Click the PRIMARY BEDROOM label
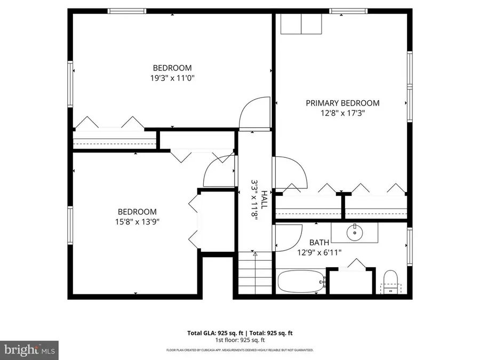coord(342,103)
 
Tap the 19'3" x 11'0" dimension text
coord(172,78)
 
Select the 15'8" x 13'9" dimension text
coord(137,221)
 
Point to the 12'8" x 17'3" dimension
coord(342,113)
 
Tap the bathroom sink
coord(355,232)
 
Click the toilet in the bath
coord(391,282)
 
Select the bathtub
coord(301,282)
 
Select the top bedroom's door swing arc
coord(255,113)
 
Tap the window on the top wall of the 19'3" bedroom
coord(127,11)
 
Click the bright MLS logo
coord(29,350)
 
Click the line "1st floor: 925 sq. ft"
coord(240,340)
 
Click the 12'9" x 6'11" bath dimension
coord(319,253)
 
